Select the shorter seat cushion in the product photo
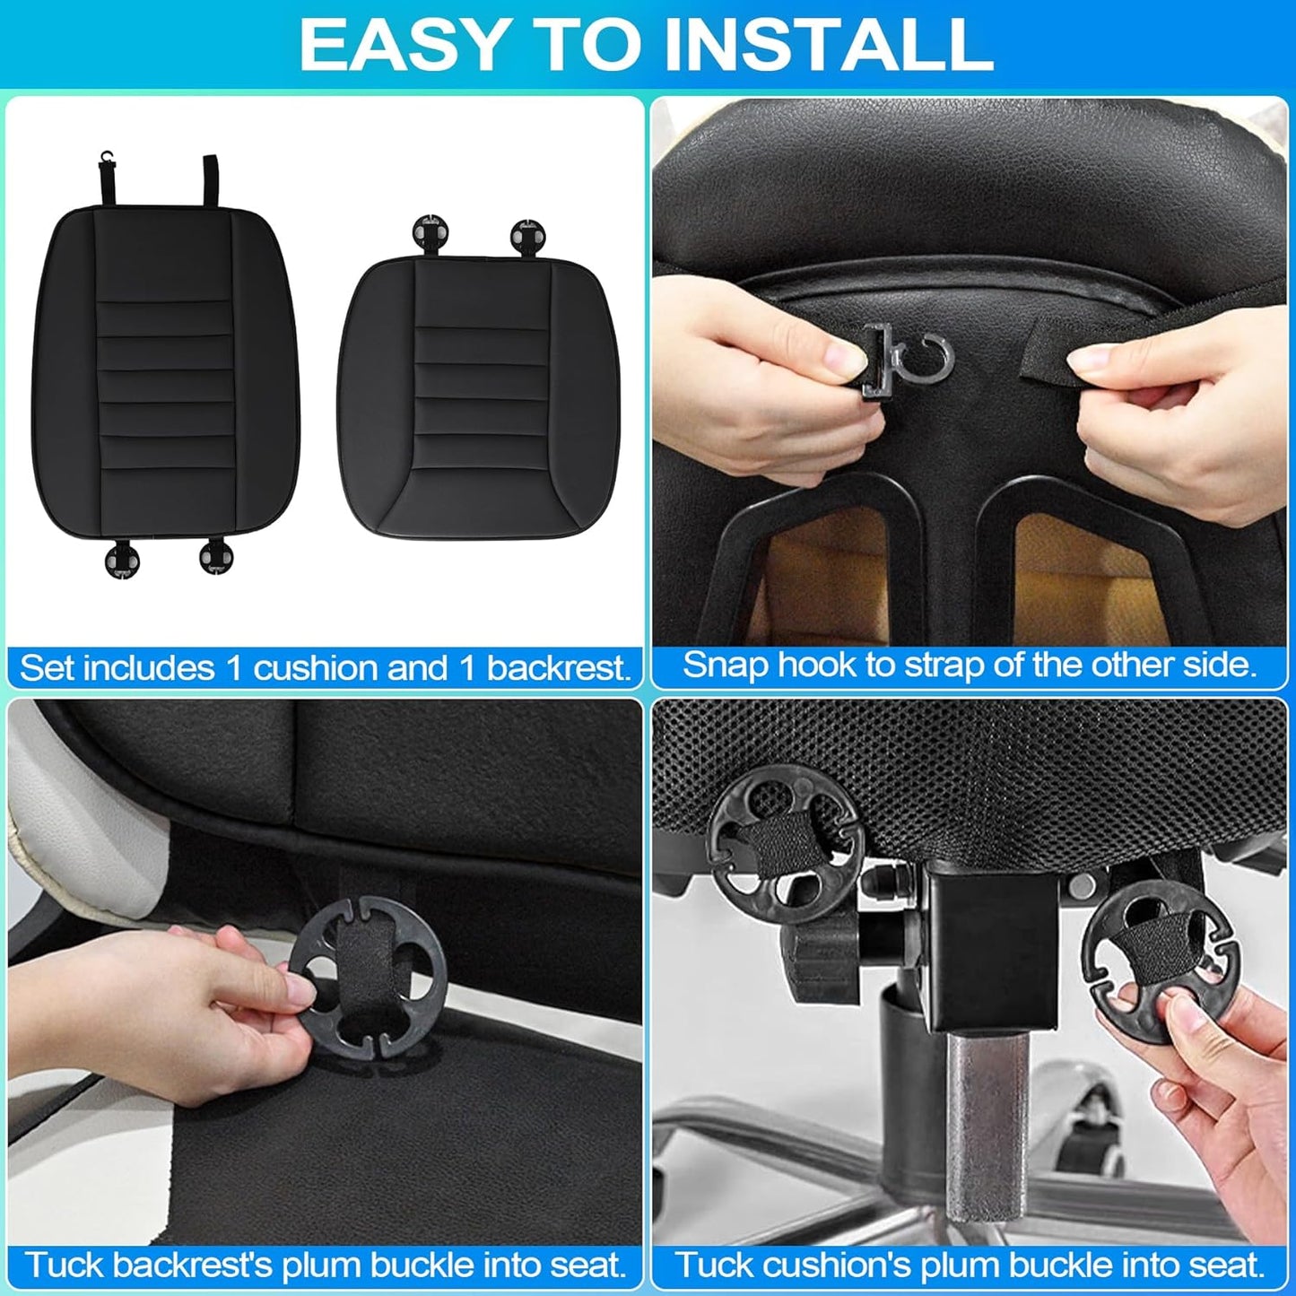coord(483,399)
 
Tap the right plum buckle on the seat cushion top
coord(526,236)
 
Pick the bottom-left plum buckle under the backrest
coord(123,561)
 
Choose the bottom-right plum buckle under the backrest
coord(216,555)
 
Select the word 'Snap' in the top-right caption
coord(725,665)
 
